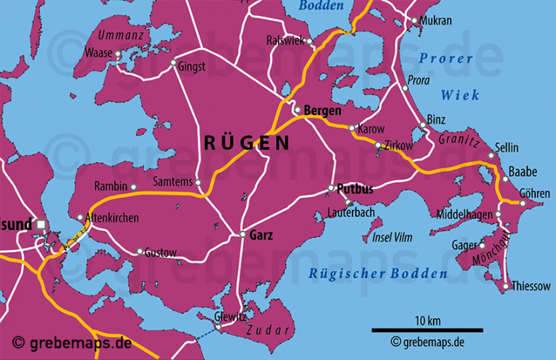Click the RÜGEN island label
(246, 143)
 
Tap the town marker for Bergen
(297, 110)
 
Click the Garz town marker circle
(243, 234)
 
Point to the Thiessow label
(531, 287)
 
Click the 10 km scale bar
(427, 330)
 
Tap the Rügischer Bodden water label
(378, 273)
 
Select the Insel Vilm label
(392, 238)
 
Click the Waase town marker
(118, 53)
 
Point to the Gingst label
(193, 66)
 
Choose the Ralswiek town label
(285, 41)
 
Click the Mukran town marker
(415, 22)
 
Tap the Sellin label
(507, 148)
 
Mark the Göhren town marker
(523, 203)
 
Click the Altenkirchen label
(112, 217)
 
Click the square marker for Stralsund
(41, 225)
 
